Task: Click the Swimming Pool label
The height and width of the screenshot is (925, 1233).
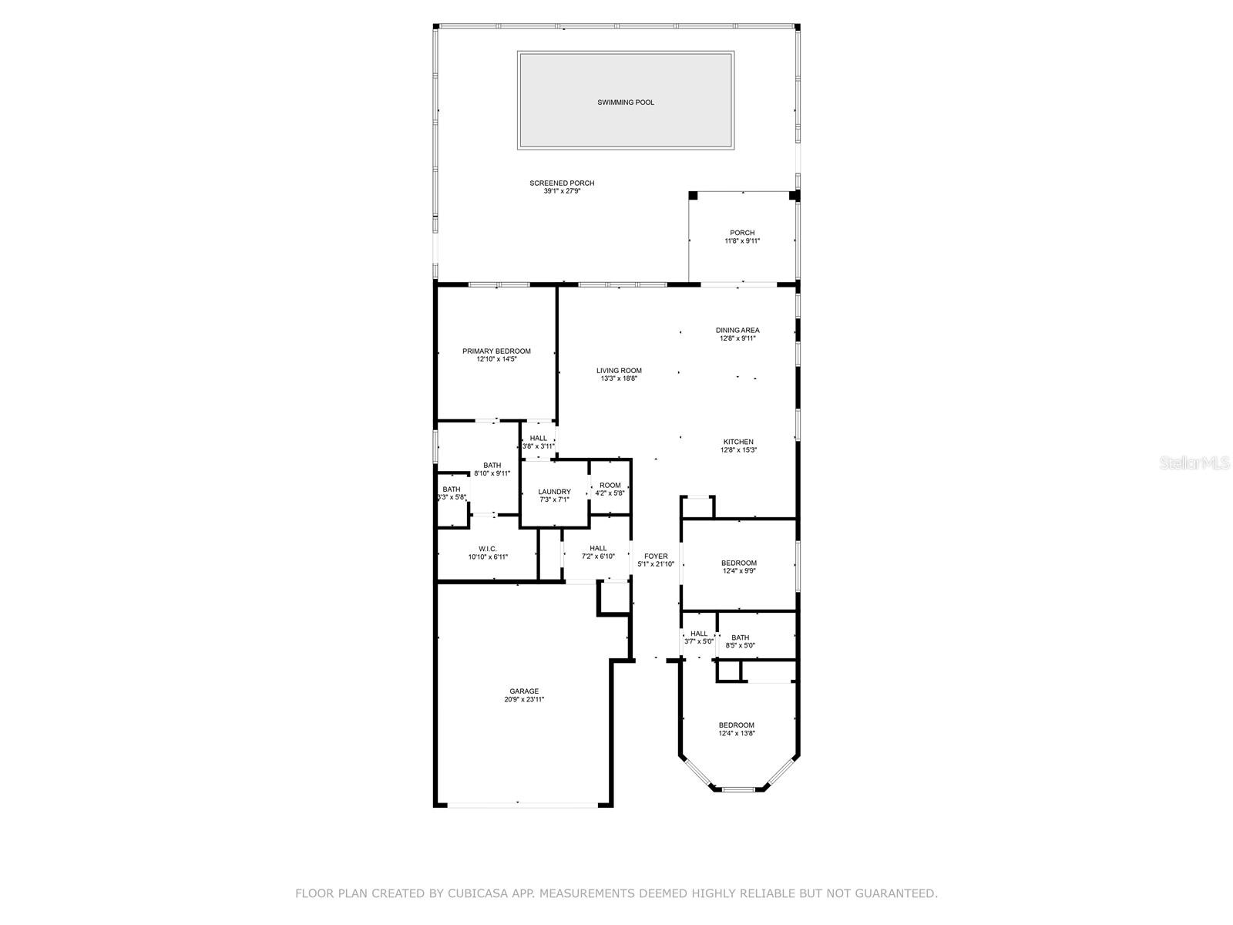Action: point(625,103)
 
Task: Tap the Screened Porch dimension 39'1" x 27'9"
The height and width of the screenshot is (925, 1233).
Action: point(562,191)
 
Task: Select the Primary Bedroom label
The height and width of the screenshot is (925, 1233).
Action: point(496,351)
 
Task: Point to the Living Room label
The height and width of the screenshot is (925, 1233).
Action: point(619,371)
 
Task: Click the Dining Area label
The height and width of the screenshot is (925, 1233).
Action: point(737,330)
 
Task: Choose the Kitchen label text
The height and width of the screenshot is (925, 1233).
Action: point(738,442)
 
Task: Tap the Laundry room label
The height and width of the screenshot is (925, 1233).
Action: point(554,492)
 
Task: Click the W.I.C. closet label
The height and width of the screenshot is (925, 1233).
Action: point(488,550)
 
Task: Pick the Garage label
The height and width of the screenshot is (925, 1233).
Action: point(523,691)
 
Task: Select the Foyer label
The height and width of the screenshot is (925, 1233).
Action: point(656,557)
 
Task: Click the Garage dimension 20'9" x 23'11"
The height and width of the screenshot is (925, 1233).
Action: point(523,700)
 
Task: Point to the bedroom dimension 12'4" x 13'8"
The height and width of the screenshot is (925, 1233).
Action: point(737,734)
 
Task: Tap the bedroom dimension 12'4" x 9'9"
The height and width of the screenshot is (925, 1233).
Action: point(739,571)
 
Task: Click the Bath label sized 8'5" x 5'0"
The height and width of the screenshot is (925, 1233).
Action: point(740,637)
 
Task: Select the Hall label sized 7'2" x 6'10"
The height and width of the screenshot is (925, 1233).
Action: point(598,549)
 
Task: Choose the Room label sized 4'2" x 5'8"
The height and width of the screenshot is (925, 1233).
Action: point(610,486)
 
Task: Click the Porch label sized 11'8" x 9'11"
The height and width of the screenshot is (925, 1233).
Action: point(742,233)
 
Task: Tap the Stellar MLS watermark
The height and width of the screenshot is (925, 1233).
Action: point(1194,462)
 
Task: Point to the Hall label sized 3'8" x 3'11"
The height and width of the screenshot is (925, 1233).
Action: point(538,439)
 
